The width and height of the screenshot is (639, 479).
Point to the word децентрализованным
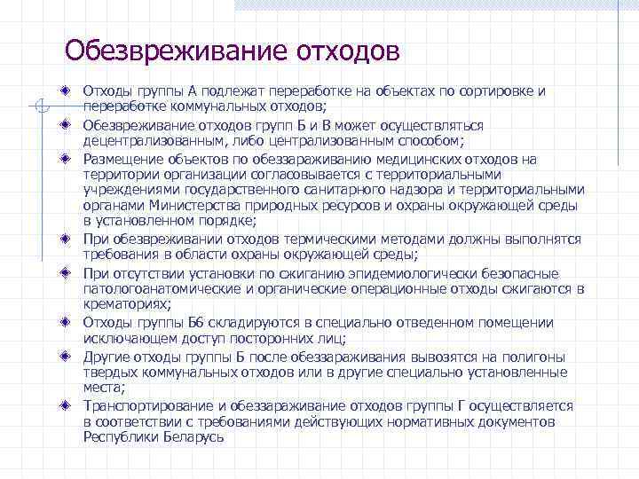click(x=154, y=141)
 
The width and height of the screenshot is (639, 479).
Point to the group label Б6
click(x=195, y=323)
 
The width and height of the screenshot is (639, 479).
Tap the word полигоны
click(x=536, y=357)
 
